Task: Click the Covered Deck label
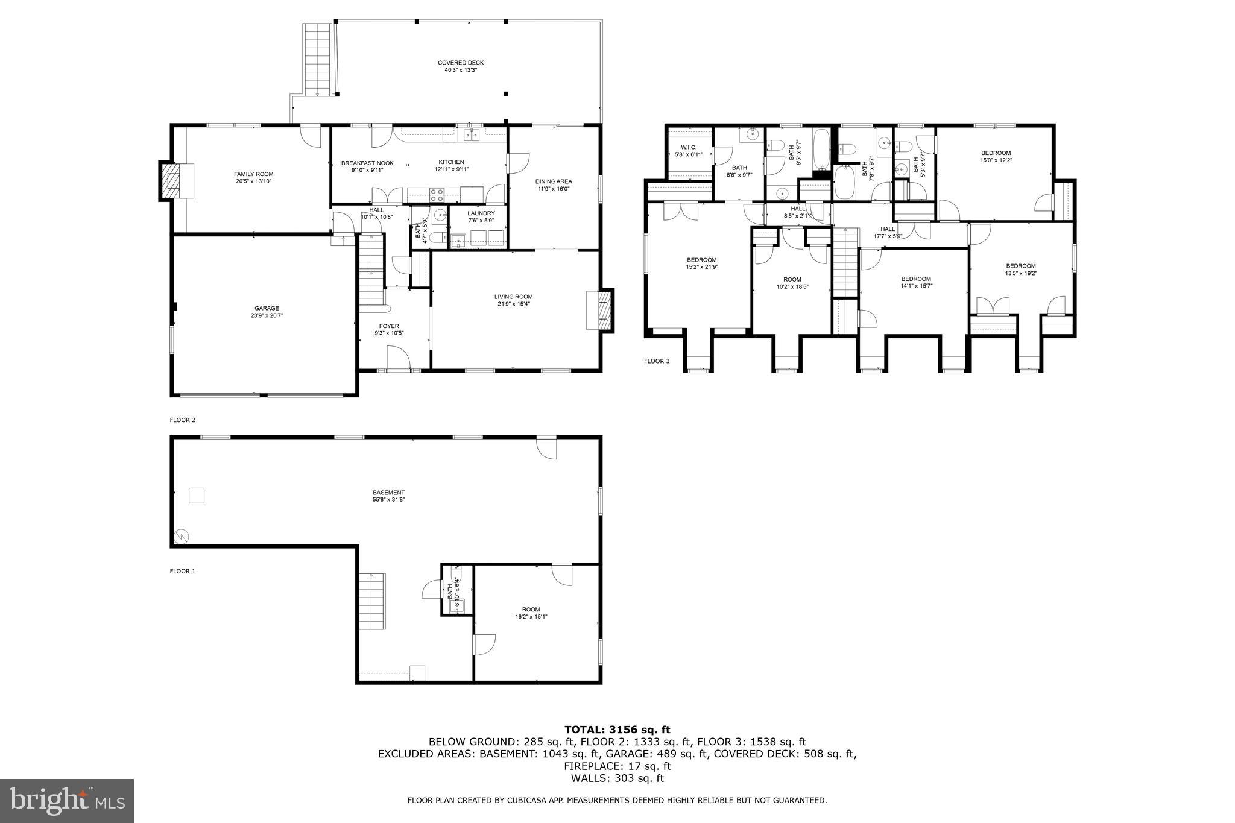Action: pyautogui.click(x=461, y=63)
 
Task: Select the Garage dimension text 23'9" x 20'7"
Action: pyautogui.click(x=267, y=315)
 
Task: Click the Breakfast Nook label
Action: pyautogui.click(x=367, y=163)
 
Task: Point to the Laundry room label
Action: pyautogui.click(x=481, y=213)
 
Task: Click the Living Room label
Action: pyautogui.click(x=513, y=297)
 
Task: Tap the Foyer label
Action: pyautogui.click(x=389, y=326)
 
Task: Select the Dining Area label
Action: pyautogui.click(x=554, y=181)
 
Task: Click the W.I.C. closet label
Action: pyautogui.click(x=689, y=147)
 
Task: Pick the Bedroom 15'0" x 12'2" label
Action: pyautogui.click(x=996, y=153)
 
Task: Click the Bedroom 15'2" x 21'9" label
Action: pyautogui.click(x=701, y=260)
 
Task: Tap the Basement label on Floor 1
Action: pyautogui.click(x=388, y=493)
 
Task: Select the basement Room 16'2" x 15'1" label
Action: pyautogui.click(x=531, y=610)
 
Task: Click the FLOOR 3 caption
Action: pyautogui.click(x=657, y=361)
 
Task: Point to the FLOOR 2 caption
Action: pyautogui.click(x=183, y=420)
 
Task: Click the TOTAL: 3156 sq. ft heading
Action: pyautogui.click(x=617, y=730)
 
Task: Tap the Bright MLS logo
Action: pyautogui.click(x=67, y=801)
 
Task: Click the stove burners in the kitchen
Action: pyautogui.click(x=436, y=194)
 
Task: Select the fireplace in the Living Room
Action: pyautogui.click(x=601, y=311)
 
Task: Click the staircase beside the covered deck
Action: pyautogui.click(x=317, y=60)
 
